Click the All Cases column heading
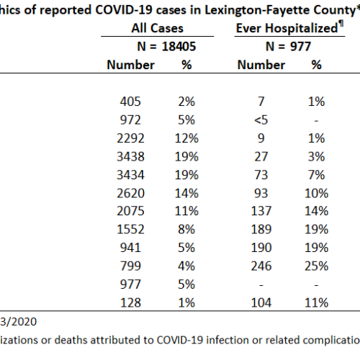tap(157, 28)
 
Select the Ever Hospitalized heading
tap(287, 28)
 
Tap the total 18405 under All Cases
tap(179, 46)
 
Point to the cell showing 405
tap(130, 102)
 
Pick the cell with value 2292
tap(130, 138)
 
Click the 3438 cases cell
tap(130, 156)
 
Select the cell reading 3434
tap(130, 175)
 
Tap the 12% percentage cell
tap(186, 138)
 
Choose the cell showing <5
tap(261, 120)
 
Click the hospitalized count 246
tap(261, 266)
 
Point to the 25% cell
tap(316, 266)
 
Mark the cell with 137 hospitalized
tap(261, 211)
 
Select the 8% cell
tap(186, 230)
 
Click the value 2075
tap(130, 211)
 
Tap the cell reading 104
tap(261, 302)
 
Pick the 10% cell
tap(316, 193)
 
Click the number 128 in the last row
tap(130, 302)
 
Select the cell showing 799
tap(130, 266)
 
